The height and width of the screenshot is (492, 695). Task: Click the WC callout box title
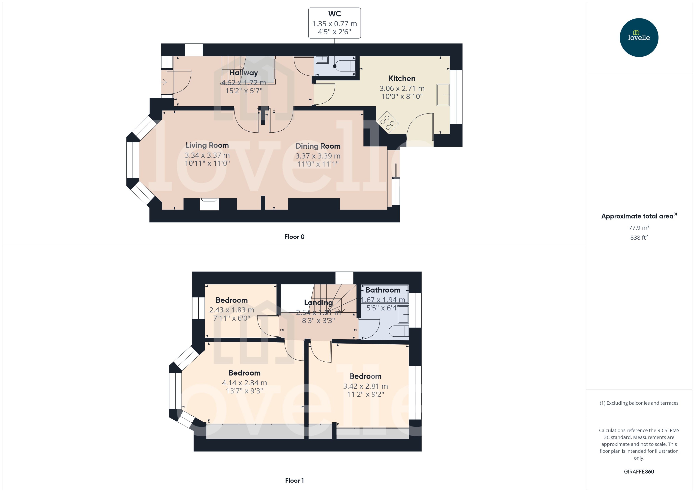(x=334, y=14)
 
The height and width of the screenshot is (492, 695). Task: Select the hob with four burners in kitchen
(x=387, y=122)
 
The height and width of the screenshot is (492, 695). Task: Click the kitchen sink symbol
(x=443, y=95)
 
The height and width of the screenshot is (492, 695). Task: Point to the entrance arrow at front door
(x=164, y=82)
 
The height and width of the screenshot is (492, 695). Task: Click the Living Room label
(x=207, y=145)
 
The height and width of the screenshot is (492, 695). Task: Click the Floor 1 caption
(x=294, y=480)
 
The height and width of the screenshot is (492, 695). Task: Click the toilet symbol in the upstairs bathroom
(x=398, y=331)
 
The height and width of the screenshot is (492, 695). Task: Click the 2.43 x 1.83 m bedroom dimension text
(x=231, y=310)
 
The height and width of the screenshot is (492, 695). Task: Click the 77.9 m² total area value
(x=639, y=227)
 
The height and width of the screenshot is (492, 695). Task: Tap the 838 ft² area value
(x=639, y=238)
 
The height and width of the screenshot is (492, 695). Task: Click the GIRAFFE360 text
(x=639, y=471)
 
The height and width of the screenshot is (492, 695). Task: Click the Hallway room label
(x=243, y=73)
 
